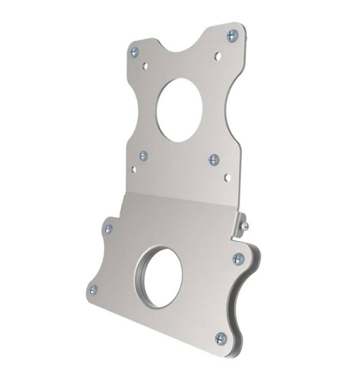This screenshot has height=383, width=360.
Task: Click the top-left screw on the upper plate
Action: point(135,51)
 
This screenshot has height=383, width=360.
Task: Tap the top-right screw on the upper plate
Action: point(231,35)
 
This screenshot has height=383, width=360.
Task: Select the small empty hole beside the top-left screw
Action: point(145,65)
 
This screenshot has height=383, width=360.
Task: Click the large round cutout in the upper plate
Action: point(180,109)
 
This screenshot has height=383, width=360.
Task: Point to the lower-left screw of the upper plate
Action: point(143,155)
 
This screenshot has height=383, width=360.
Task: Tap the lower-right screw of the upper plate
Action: point(213,159)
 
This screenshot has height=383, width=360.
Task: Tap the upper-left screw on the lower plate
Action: point(109,229)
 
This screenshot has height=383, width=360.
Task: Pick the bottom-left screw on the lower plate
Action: point(93,289)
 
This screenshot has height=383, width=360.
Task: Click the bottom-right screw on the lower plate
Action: point(221,338)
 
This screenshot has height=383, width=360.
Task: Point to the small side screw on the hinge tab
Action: point(246,226)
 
